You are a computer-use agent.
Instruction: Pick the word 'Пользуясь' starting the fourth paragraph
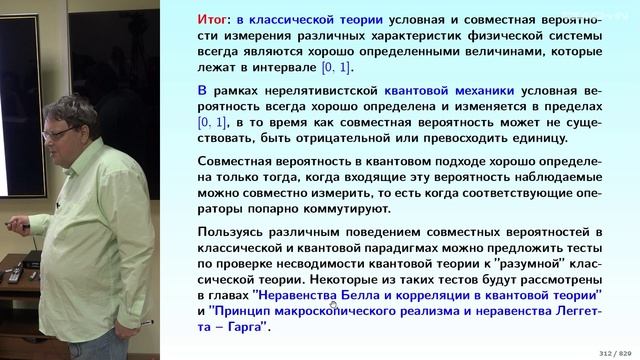pos(237,233)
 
